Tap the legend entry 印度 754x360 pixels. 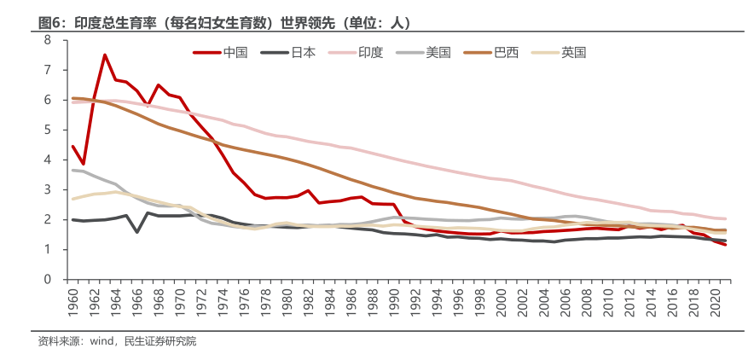(x=371, y=52)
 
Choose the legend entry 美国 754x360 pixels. (x=438, y=52)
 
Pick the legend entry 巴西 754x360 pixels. (x=506, y=52)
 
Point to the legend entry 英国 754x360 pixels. (x=573, y=52)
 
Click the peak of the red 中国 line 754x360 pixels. (x=105, y=55)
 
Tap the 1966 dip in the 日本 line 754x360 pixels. (x=137, y=231)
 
